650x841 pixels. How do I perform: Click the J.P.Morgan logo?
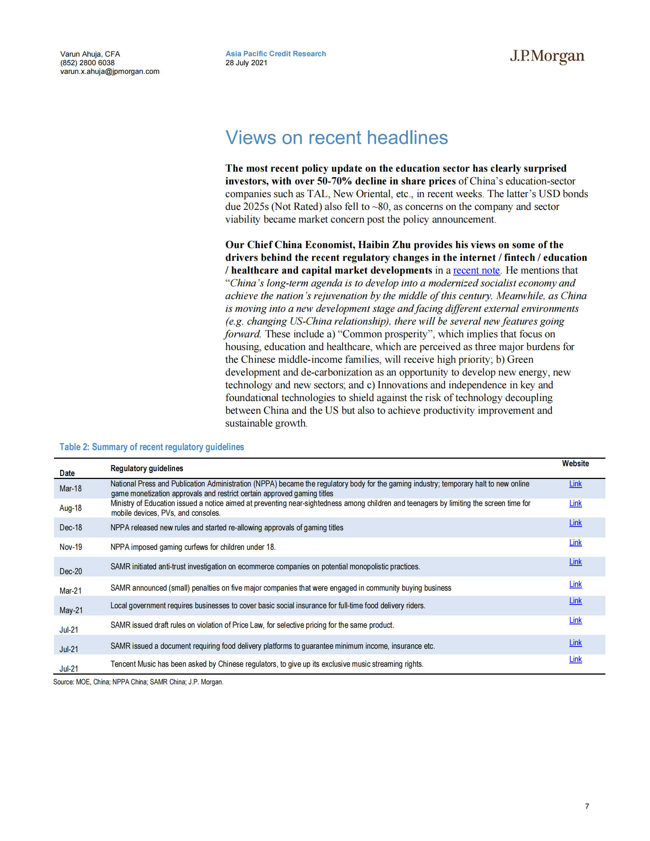[x=547, y=56]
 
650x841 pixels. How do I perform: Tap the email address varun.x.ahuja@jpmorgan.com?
[x=110, y=72]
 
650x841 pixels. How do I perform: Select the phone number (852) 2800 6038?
[x=87, y=63]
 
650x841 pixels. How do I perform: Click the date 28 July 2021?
[x=246, y=63]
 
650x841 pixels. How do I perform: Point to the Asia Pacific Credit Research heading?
[x=276, y=54]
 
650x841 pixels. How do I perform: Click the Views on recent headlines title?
[x=337, y=138]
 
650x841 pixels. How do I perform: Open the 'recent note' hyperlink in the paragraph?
[x=476, y=270]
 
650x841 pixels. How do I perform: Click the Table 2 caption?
[x=152, y=447]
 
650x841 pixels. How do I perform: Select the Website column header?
[x=575, y=464]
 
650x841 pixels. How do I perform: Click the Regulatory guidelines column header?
[x=147, y=468]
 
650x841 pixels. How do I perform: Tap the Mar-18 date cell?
[x=70, y=489]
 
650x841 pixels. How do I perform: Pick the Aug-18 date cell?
[x=70, y=508]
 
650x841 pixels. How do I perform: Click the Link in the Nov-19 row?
[x=575, y=543]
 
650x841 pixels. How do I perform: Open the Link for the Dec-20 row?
[x=575, y=562]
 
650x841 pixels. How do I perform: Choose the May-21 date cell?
[x=71, y=611]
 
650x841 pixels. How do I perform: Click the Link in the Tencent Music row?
[x=575, y=659]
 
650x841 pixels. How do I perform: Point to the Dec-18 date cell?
[x=70, y=528]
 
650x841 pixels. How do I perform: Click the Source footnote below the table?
[x=138, y=682]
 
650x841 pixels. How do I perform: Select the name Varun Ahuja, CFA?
[x=90, y=54]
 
